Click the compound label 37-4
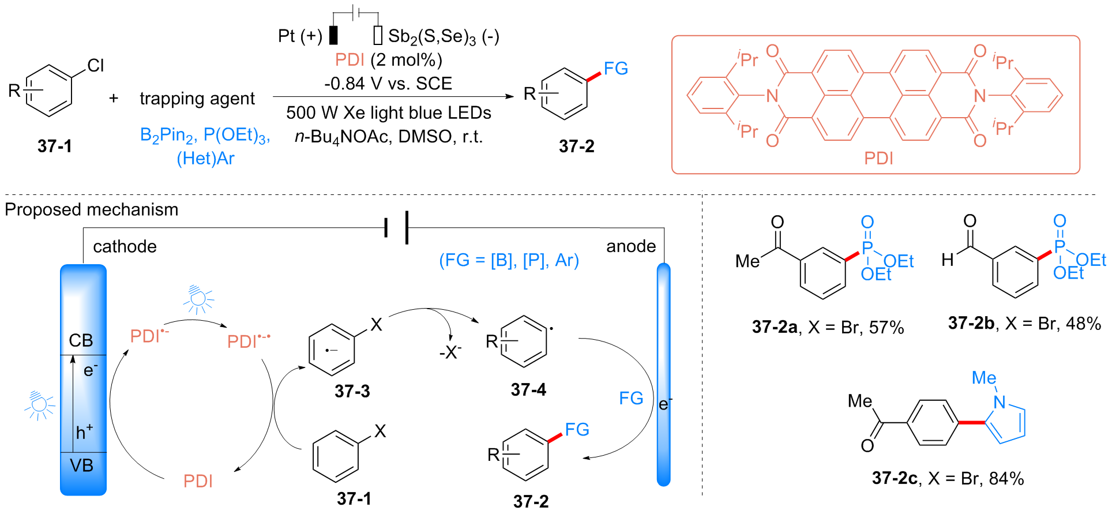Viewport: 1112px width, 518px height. pyautogui.click(x=528, y=390)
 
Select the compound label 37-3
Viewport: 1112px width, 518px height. pyautogui.click(x=352, y=391)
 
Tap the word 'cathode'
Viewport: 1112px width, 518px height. pyautogui.click(x=125, y=247)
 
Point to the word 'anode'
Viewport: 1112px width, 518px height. pyautogui.click(x=631, y=246)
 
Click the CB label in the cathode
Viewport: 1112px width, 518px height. pyautogui.click(x=81, y=340)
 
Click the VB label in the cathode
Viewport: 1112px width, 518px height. pyautogui.click(x=81, y=465)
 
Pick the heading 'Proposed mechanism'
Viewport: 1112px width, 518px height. pyautogui.click(x=92, y=209)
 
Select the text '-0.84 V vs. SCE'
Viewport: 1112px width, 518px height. pyautogui.click(x=388, y=84)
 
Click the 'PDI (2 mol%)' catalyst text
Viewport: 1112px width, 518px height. pyautogui.click(x=389, y=59)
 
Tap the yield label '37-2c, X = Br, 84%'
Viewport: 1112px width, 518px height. pyautogui.click(x=948, y=478)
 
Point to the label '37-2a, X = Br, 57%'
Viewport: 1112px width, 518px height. pyautogui.click(x=828, y=327)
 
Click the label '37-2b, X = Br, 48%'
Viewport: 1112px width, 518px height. pyautogui.click(x=1024, y=323)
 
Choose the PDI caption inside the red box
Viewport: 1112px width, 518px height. pyautogui.click(x=878, y=158)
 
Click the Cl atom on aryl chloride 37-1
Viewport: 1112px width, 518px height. pyautogui.click(x=96, y=65)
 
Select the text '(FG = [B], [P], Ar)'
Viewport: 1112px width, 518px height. pyautogui.click(x=509, y=260)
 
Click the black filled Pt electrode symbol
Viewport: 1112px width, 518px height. pyautogui.click(x=333, y=35)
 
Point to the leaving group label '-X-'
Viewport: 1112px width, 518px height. pyautogui.click(x=450, y=352)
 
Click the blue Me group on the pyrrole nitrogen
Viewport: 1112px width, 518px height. pyautogui.click(x=984, y=378)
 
